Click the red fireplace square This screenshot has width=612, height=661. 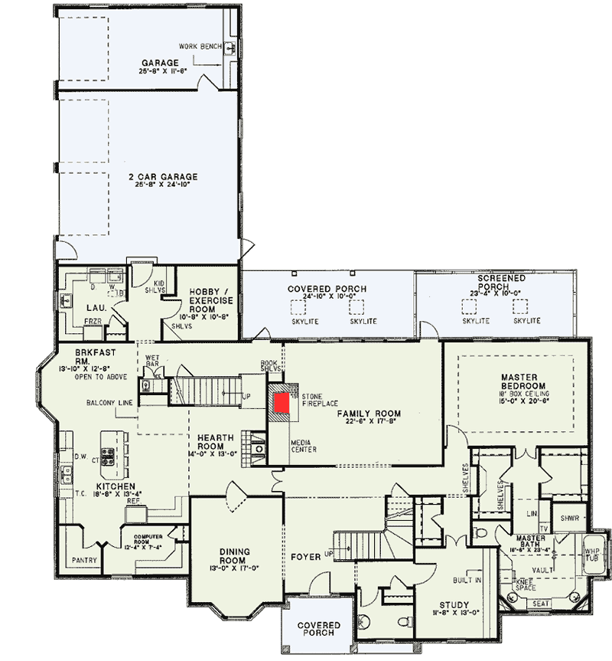[x=282, y=404]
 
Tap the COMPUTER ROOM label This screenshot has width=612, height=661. [x=151, y=538]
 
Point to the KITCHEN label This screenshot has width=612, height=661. [x=116, y=486]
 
